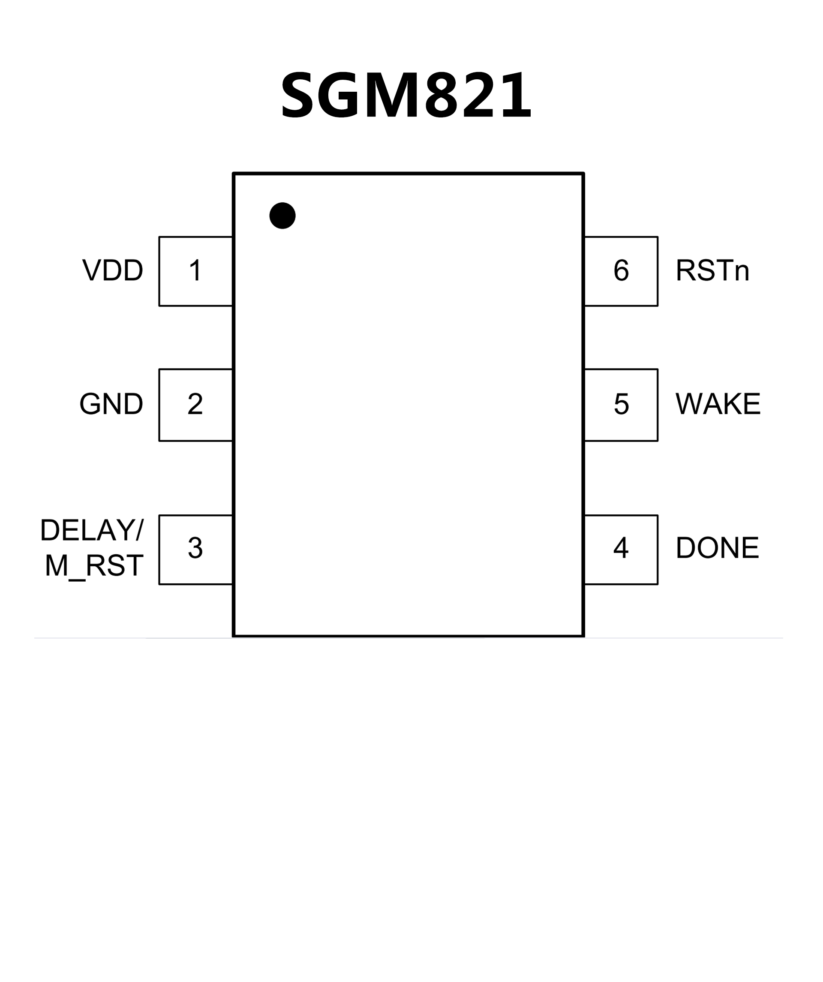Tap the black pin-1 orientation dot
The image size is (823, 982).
point(282,216)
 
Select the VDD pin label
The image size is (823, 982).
point(113,270)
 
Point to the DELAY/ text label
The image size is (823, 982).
point(92,530)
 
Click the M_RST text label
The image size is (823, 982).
point(94,565)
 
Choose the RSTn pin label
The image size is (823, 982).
point(713,270)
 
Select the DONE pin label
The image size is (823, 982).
point(717,548)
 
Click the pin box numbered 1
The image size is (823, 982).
point(196,271)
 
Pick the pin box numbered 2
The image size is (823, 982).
point(196,405)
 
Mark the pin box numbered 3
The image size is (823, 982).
point(196,550)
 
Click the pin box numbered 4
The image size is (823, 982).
point(621,550)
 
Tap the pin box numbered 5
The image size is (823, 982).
point(621,405)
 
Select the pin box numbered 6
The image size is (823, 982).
point(621,271)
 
